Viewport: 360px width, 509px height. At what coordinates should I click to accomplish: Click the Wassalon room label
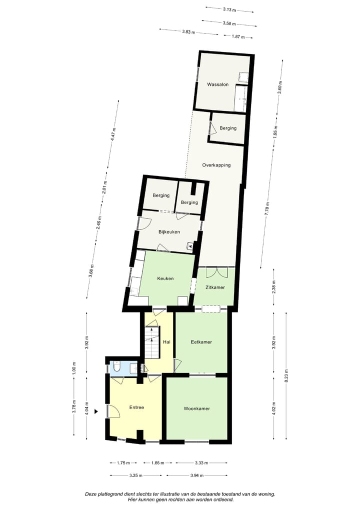click(x=218, y=85)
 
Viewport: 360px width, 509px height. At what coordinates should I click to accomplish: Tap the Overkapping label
click(x=216, y=165)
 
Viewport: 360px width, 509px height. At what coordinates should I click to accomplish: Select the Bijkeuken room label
click(x=168, y=232)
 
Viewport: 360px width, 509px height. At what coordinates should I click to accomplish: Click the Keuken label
click(x=165, y=278)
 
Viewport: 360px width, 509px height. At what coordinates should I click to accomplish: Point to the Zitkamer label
click(x=215, y=287)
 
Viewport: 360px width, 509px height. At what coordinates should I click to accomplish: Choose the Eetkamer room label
click(x=201, y=342)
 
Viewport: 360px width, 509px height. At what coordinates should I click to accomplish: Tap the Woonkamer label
click(x=196, y=408)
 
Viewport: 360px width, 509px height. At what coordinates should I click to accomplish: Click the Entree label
click(x=136, y=407)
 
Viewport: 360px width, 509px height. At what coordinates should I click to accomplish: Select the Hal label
click(x=167, y=342)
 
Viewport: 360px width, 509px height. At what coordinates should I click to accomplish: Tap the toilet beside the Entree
click(x=116, y=368)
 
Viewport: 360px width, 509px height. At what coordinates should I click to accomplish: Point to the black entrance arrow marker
click(x=97, y=411)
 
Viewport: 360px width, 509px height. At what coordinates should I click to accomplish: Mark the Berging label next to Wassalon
click(x=228, y=128)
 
